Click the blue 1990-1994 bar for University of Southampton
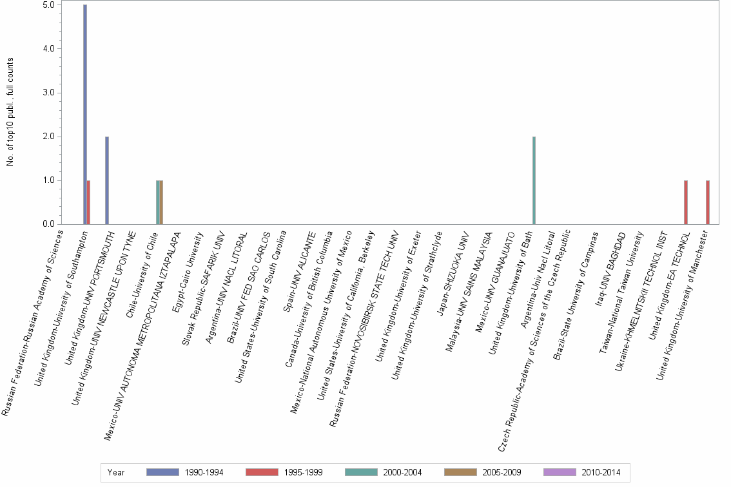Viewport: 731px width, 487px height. pyautogui.click(x=85, y=115)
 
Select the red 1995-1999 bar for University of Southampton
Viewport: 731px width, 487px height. pyautogui.click(x=88, y=202)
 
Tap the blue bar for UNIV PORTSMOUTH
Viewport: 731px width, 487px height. pyautogui.click(x=107, y=180)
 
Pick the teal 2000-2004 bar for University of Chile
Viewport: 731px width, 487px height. pyautogui.click(x=158, y=202)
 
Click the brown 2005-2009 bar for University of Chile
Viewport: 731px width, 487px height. pyautogui.click(x=161, y=202)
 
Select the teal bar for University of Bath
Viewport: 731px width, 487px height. pyautogui.click(x=534, y=180)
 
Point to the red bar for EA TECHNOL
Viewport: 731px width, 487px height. pyautogui.click(x=685, y=202)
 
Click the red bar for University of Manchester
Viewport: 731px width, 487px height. pyautogui.click(x=707, y=202)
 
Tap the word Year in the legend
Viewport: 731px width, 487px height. pyautogui.click(x=117, y=472)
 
